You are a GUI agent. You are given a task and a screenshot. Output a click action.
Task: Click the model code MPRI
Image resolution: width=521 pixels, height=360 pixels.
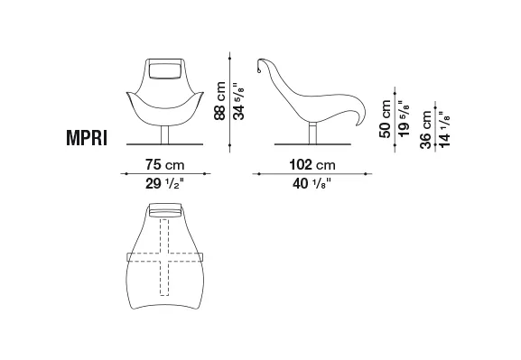click(87, 137)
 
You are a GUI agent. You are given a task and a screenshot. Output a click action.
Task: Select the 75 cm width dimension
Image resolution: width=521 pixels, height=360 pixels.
click(164, 164)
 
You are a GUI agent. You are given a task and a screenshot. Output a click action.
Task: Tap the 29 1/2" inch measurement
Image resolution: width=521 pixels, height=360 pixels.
click(164, 183)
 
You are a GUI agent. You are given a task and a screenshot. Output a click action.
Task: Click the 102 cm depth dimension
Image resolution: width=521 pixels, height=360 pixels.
click(312, 164)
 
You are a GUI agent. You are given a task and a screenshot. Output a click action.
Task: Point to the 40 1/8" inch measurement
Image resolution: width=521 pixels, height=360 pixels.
click(312, 183)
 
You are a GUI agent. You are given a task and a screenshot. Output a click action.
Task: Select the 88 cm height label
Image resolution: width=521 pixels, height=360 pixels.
click(219, 101)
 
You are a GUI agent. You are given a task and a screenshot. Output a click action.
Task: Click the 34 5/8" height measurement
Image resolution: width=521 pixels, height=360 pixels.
click(238, 101)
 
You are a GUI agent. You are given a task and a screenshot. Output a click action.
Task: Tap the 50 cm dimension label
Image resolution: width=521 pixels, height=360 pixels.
click(385, 118)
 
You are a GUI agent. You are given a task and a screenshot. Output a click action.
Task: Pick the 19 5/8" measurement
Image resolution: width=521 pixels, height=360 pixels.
click(404, 118)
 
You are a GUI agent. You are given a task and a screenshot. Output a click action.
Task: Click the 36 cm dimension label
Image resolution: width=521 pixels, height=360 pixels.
click(425, 130)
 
